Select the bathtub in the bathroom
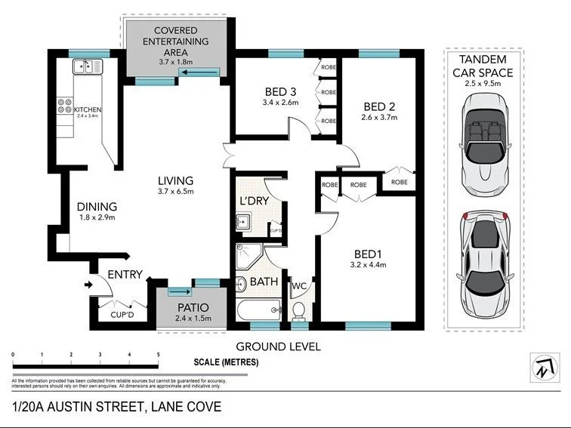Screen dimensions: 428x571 pyautogui.click(x=257, y=309)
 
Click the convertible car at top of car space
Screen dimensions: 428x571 pyautogui.click(x=483, y=147)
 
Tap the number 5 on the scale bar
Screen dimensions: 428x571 pyautogui.click(x=158, y=354)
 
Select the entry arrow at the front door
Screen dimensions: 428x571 pyautogui.click(x=88, y=285)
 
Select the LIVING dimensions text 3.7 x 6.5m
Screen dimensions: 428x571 pyautogui.click(x=175, y=192)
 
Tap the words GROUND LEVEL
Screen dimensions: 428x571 pyautogui.click(x=279, y=346)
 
